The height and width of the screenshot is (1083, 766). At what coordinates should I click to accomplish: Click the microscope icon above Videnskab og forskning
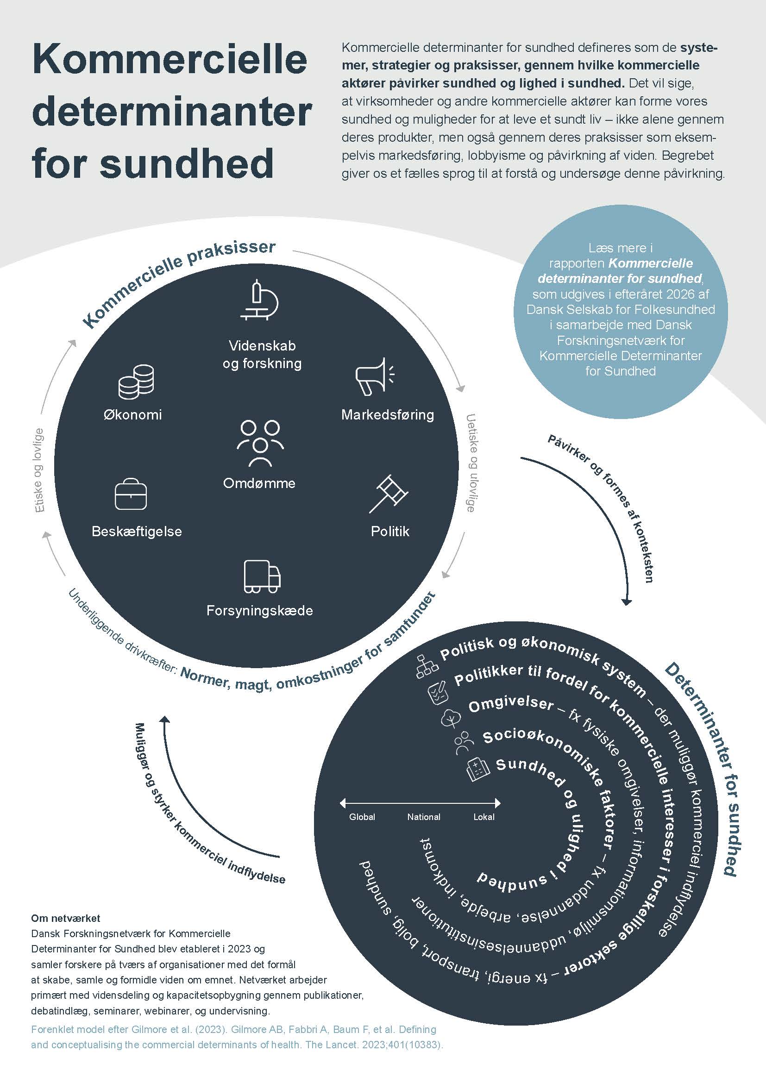[x=259, y=300]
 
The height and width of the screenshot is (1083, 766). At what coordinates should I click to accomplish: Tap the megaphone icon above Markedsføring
[x=375, y=376]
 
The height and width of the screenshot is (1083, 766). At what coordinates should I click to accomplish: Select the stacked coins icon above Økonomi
[x=136, y=382]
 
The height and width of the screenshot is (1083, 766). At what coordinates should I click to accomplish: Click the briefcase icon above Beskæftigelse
[x=131, y=495]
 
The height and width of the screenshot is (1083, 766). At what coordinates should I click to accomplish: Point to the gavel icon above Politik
[x=388, y=494]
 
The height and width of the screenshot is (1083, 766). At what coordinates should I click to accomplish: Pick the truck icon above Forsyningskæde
[x=262, y=576]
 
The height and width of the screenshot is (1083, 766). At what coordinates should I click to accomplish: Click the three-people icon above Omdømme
[x=260, y=443]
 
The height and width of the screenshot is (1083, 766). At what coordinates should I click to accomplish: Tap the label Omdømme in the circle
[x=259, y=483]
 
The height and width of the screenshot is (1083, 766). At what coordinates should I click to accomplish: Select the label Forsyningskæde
[x=259, y=610]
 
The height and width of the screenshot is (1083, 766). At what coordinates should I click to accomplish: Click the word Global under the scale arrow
[x=362, y=817]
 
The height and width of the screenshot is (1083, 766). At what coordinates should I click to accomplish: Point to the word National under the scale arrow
[x=424, y=817]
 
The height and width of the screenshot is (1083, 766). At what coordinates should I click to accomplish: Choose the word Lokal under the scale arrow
[x=484, y=817]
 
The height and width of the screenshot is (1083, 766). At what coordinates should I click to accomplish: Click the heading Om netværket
[x=66, y=918]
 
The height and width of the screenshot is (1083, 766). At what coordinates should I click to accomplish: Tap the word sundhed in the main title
[x=187, y=163]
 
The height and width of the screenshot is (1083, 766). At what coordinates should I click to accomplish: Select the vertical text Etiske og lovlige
[x=39, y=470]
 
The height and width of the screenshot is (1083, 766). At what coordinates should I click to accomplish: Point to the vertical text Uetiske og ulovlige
[x=471, y=463]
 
